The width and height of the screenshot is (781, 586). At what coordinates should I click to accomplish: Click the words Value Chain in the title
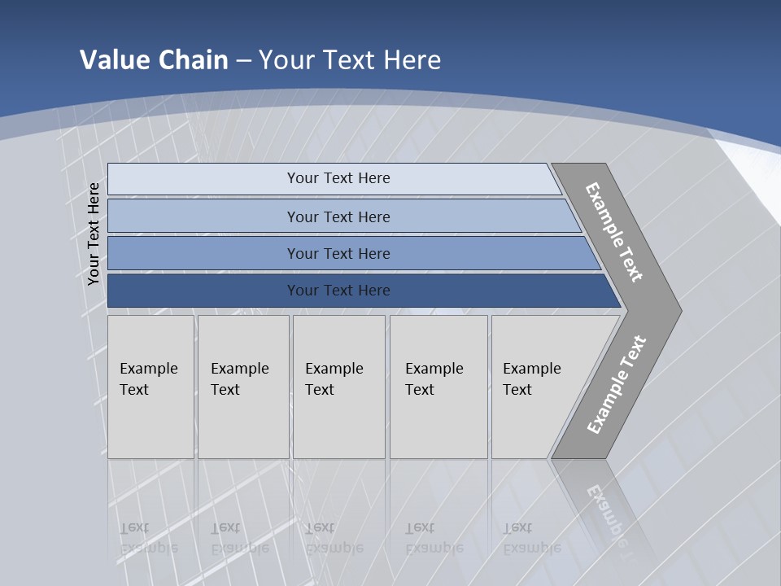pos(154,59)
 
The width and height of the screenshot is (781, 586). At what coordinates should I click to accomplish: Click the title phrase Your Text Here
pos(350,59)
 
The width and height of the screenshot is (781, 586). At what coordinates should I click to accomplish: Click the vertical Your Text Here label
pos(94,234)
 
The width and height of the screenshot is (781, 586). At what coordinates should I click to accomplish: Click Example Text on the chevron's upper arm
pos(614,231)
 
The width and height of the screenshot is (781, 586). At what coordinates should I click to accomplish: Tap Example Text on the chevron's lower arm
pos(617,384)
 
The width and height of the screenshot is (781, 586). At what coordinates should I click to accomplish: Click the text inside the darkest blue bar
pos(338,291)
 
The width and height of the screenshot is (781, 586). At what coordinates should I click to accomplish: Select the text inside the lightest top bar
pos(338,178)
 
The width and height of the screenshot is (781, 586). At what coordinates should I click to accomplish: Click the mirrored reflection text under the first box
pos(148,538)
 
